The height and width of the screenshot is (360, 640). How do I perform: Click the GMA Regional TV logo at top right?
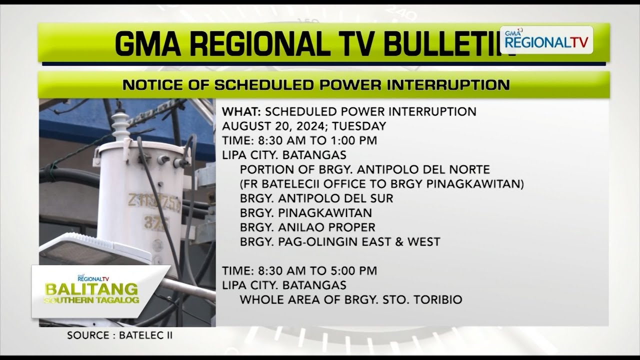(546, 40)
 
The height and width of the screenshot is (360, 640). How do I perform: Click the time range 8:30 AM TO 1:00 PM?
(317, 140)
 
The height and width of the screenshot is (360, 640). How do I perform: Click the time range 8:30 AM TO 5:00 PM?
(317, 271)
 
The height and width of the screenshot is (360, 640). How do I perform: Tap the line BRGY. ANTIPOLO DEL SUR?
(316, 198)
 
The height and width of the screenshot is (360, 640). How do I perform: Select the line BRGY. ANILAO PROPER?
(307, 227)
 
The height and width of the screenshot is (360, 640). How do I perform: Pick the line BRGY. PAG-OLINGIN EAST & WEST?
(340, 242)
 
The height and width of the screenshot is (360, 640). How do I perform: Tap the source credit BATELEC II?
(146, 335)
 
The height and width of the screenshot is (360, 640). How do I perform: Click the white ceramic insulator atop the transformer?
(120, 125)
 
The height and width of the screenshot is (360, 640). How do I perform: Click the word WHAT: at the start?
(241, 111)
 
